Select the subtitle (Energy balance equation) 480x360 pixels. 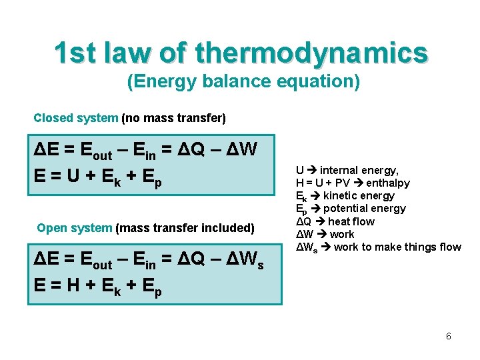pos(243,82)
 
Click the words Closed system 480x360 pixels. pos(75,118)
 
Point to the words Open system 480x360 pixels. pos(74,228)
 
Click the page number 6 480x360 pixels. pos(449,336)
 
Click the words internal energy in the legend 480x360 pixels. pos(359,170)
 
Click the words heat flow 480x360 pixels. pos(351,221)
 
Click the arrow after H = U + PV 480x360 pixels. pos(355,183)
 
